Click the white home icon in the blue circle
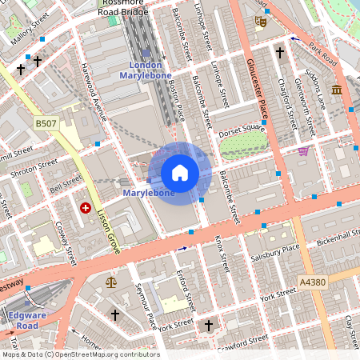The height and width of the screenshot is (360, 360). pos(180,173)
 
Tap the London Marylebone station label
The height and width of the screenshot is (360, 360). pos(146,70)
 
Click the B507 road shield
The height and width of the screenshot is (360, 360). pos(47,122)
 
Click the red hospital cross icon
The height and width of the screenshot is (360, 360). pos(86,207)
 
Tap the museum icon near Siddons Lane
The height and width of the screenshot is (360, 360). pos(337,89)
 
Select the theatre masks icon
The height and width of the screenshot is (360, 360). pos(260,22)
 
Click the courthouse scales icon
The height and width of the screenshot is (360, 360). pos(110,282)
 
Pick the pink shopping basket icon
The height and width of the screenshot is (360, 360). pos(302,150)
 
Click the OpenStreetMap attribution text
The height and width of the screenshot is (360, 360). pos(80,354)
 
